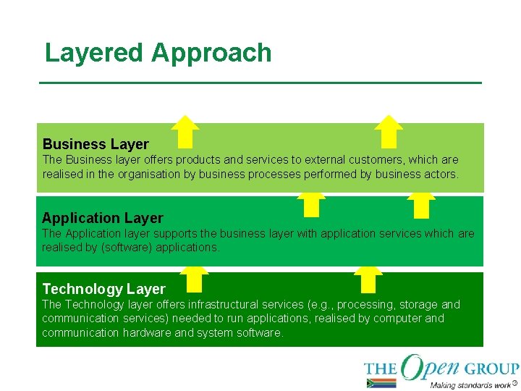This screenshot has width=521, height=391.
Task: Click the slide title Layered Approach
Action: (158, 53)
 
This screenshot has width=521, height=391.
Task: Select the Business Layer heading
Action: (96, 144)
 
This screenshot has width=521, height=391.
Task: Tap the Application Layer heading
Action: (103, 218)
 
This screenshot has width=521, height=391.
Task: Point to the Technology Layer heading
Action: (103, 289)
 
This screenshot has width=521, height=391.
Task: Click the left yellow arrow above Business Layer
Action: (186, 131)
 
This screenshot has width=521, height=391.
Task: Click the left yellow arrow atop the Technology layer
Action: (194, 278)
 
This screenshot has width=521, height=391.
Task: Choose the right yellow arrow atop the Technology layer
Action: (369, 278)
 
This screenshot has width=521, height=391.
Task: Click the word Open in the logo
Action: (432, 367)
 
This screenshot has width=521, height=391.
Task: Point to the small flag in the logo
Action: (381, 383)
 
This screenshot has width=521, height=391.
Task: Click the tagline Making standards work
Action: (470, 384)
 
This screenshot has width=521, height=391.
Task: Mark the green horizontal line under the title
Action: (260, 83)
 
